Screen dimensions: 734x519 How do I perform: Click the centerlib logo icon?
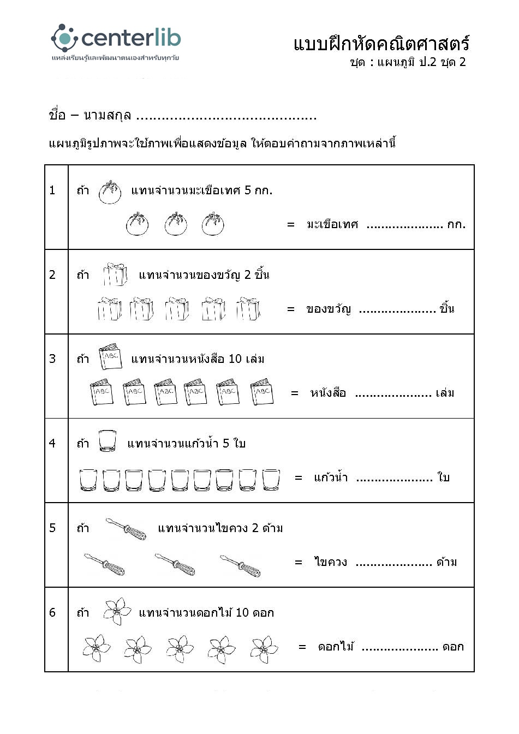pos(64,37)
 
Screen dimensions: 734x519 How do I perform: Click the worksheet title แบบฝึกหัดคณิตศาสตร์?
pos(381,44)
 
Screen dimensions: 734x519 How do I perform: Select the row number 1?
pos(52,190)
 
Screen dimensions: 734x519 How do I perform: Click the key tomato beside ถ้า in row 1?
pos(110,192)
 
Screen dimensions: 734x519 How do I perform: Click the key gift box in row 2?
pos(115,274)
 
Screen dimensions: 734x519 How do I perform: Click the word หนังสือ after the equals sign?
pos(328,393)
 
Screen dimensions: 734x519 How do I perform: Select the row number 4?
pos(52,443)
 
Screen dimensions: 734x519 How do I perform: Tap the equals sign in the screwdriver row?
pos(299,562)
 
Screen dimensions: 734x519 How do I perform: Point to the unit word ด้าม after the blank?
pos(446,562)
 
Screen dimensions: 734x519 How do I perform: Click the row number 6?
pos(52,612)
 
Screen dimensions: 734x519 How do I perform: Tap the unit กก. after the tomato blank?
pos(456,224)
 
